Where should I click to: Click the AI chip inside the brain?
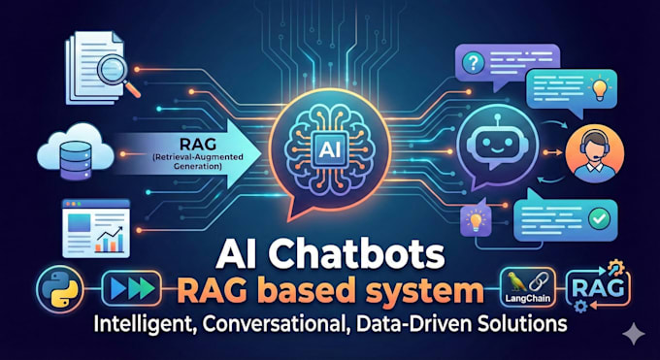330,150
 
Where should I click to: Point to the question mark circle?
473,64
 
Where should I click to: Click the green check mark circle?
600,218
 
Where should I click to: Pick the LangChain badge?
527,286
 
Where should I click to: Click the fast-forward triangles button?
131,288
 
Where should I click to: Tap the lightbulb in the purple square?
476,220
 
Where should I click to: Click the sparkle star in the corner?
634,334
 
